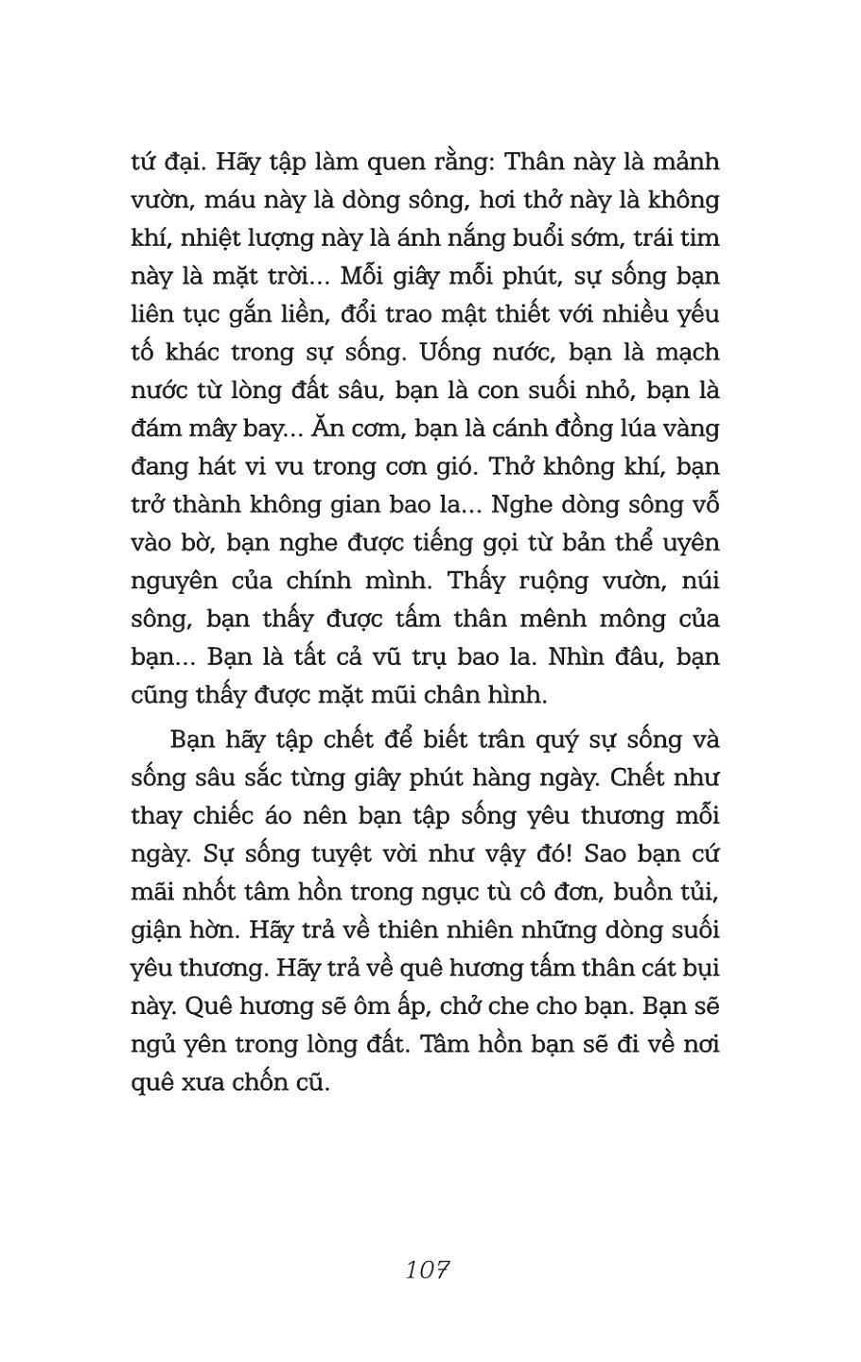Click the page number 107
427,1269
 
